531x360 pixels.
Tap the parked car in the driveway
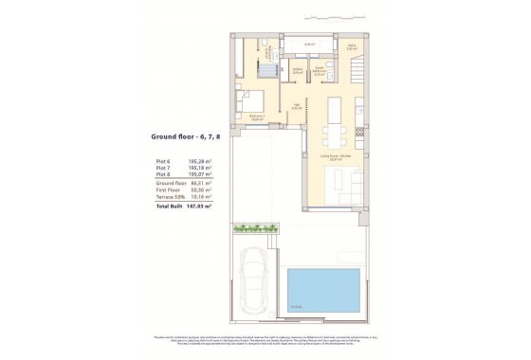click(x=256, y=280)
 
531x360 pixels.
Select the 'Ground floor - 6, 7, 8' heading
click(x=186, y=136)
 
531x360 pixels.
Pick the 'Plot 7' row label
click(x=164, y=169)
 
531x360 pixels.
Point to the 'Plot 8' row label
click(x=164, y=175)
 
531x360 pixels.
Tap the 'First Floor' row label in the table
click(x=168, y=190)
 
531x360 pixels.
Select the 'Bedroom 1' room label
click(x=256, y=116)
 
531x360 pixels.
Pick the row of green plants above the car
click(x=253, y=228)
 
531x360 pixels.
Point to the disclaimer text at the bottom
click(x=265, y=342)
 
